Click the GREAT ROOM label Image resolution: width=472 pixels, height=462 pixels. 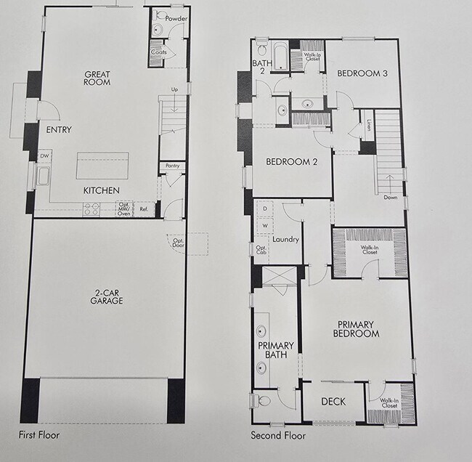[x=97, y=78]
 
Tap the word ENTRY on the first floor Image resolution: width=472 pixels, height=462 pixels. [x=58, y=130]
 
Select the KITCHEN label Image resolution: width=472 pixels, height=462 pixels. [x=101, y=190]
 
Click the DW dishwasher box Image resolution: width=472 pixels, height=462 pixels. [x=45, y=155]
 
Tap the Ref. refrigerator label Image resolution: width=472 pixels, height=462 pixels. [x=144, y=209]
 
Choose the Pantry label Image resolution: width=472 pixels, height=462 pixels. [x=172, y=166]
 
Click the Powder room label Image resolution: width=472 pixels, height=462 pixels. [x=176, y=17]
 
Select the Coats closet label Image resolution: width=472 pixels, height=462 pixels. [x=159, y=52]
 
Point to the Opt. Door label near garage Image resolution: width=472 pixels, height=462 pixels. [x=178, y=243]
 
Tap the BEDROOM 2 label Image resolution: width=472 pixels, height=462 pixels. [x=291, y=161]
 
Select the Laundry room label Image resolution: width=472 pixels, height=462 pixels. [x=285, y=239]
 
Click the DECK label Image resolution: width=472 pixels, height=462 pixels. [x=333, y=402]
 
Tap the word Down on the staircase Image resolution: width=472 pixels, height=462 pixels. [x=391, y=197]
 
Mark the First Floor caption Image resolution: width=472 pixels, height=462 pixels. [x=39, y=435]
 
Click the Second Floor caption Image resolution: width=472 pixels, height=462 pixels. [x=278, y=436]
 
